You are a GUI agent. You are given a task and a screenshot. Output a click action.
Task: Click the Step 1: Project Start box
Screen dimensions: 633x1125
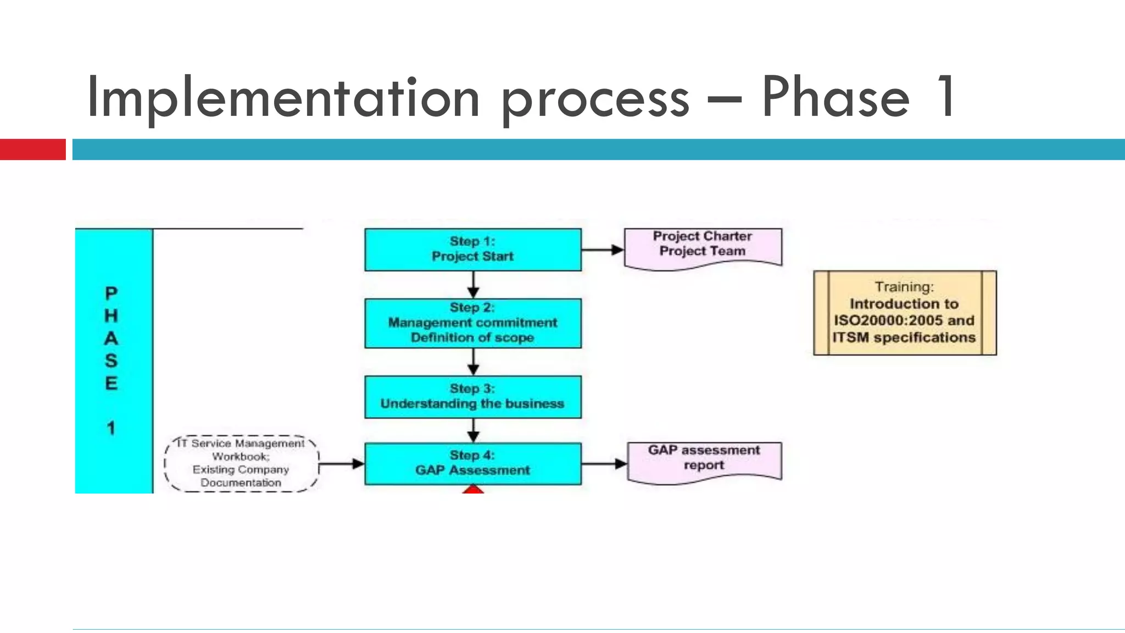[472, 249]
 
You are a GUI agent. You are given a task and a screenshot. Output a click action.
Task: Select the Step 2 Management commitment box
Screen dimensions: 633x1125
[472, 323]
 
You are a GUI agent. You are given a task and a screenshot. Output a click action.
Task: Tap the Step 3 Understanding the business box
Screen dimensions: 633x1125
[472, 397]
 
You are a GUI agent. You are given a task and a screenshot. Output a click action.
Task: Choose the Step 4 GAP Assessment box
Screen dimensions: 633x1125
[472, 463]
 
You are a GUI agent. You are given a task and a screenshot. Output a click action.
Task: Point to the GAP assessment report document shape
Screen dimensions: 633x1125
[704, 460]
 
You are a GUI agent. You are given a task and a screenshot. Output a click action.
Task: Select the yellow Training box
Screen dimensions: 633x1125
[904, 313]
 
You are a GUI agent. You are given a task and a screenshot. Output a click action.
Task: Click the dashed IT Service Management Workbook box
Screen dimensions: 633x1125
[241, 463]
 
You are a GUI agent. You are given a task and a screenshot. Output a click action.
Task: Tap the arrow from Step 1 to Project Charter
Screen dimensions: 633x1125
[603, 250]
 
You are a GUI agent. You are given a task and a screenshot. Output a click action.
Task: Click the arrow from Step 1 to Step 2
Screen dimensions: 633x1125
[473, 285]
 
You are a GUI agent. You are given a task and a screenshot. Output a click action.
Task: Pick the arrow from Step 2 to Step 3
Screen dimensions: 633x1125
[473, 362]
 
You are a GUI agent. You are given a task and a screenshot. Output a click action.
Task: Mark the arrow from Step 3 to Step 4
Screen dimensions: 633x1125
[473, 430]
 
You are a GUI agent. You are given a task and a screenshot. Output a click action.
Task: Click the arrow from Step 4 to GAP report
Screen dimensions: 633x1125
[604, 464]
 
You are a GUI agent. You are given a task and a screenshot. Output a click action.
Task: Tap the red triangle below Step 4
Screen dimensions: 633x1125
[473, 489]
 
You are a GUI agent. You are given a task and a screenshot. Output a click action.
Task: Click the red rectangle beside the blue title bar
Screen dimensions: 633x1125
[32, 149]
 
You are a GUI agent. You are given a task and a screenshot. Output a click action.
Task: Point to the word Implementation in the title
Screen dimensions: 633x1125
[283, 98]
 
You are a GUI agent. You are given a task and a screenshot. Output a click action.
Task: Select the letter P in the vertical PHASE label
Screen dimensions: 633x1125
[111, 293]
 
